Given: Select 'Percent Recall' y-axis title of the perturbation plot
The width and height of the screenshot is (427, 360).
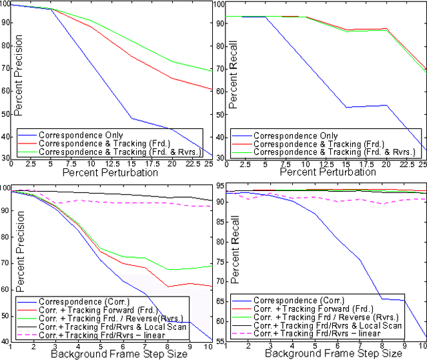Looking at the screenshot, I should click(233, 82).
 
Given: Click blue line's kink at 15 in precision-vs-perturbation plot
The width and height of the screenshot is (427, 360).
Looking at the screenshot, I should click(131, 118).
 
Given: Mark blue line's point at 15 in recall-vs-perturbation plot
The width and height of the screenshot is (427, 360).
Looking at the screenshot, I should click(345, 107).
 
